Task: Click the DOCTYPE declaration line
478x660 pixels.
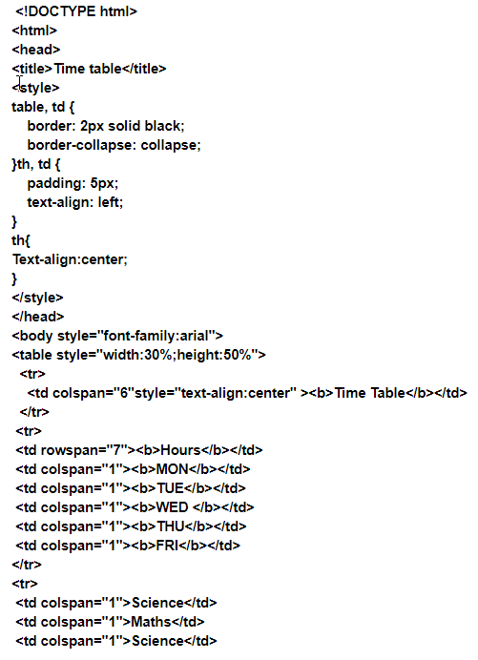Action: (x=76, y=11)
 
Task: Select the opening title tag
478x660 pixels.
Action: (x=32, y=68)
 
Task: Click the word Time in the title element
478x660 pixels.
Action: (x=70, y=68)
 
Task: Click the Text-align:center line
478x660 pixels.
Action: (x=70, y=259)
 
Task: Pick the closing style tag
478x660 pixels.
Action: (x=37, y=298)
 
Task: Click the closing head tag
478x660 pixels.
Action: (x=38, y=317)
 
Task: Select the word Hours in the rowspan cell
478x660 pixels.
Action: (x=180, y=450)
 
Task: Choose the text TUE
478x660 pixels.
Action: (x=170, y=488)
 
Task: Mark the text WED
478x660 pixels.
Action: (x=172, y=507)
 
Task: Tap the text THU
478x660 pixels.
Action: (x=171, y=526)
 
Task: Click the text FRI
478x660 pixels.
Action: (x=167, y=546)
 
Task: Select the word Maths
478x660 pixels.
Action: (x=151, y=622)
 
